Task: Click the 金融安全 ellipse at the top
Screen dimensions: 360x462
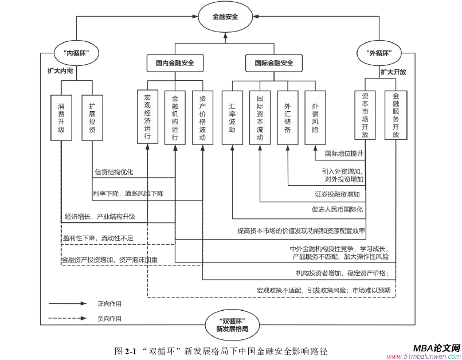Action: click(225, 17)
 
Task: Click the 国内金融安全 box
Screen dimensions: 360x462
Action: click(175, 63)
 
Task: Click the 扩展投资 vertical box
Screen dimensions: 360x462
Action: click(92, 118)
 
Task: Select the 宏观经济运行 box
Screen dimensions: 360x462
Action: click(148, 118)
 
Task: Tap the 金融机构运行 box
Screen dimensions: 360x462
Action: click(175, 118)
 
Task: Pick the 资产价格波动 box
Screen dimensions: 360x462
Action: click(202, 118)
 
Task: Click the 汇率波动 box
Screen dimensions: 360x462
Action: click(232, 118)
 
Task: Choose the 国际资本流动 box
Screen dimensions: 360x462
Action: click(260, 118)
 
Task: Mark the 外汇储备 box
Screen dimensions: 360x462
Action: click(288, 118)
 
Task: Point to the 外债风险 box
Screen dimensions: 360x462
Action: click(315, 118)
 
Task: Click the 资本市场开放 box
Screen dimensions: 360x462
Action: click(365, 115)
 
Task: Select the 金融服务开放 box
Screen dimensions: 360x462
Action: click(396, 115)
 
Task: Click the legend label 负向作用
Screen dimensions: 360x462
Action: click(109, 319)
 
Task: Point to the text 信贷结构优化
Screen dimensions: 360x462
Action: click(113, 172)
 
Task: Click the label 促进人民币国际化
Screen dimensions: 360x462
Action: click(337, 209)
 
